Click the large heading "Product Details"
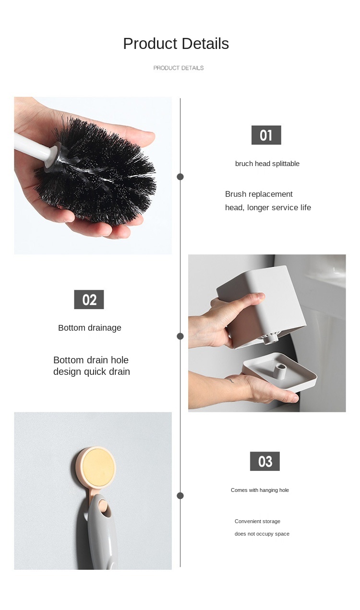click(x=176, y=44)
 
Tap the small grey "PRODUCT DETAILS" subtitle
click(x=179, y=68)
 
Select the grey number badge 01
click(x=266, y=135)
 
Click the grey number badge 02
click(x=89, y=299)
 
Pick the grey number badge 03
click(x=264, y=461)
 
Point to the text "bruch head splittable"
click(x=267, y=164)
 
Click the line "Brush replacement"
click(x=259, y=194)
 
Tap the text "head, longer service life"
click(x=268, y=207)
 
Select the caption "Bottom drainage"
click(x=90, y=328)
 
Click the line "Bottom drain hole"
click(x=91, y=360)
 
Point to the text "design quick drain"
click(x=92, y=372)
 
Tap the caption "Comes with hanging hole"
click(x=260, y=490)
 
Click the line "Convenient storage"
click(x=257, y=521)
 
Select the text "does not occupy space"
click(x=262, y=534)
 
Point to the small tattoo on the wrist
click(x=230, y=381)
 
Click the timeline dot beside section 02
click(x=180, y=336)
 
